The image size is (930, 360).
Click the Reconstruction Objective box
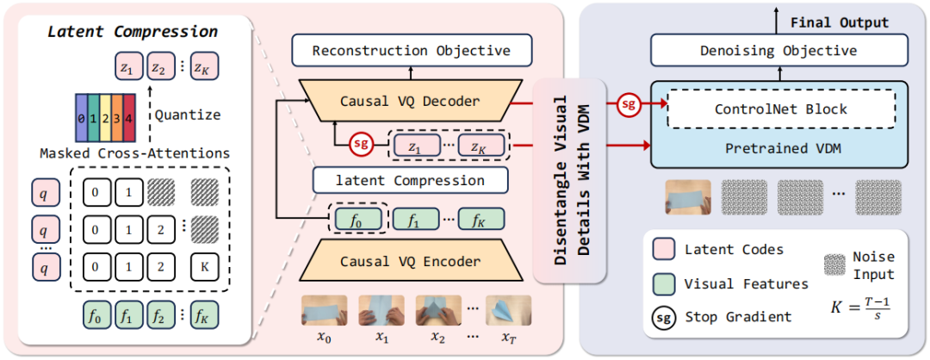(411, 51)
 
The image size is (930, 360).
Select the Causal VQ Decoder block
(409, 102)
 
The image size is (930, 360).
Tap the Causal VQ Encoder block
(409, 261)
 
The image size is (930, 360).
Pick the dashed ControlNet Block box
(781, 109)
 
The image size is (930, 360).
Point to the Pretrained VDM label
(781, 147)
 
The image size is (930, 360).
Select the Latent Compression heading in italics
(132, 32)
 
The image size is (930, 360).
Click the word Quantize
(191, 114)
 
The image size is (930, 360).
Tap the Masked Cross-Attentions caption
(134, 153)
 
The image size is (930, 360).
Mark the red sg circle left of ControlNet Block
(629, 105)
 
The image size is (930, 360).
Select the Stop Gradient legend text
(738, 316)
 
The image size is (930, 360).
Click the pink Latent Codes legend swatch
(664, 250)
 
